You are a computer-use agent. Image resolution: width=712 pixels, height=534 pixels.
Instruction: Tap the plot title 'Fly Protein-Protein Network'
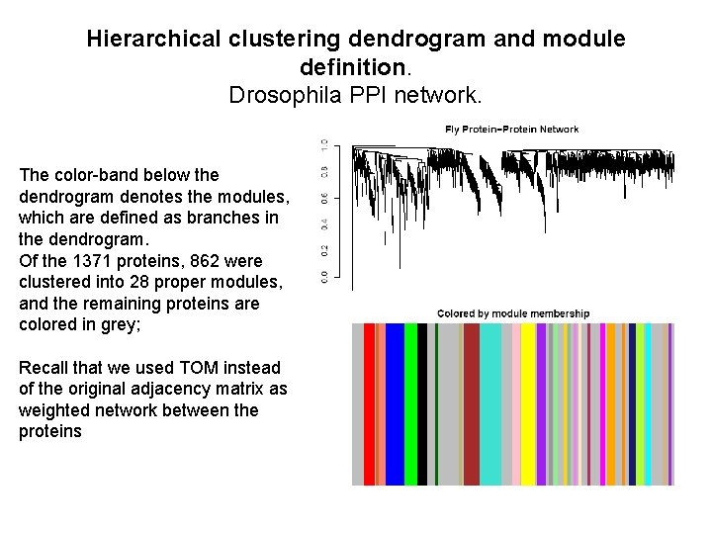click(512, 130)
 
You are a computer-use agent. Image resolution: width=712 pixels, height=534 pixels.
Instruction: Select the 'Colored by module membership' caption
click(513, 313)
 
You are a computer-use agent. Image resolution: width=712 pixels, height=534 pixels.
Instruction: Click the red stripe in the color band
click(369, 404)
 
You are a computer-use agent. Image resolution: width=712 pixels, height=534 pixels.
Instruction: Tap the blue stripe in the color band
click(395, 404)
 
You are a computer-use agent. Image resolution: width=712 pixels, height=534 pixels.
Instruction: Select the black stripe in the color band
click(422, 404)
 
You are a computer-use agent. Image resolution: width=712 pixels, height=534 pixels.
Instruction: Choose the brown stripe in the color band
click(472, 404)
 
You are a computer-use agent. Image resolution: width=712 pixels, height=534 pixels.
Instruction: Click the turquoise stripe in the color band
click(490, 404)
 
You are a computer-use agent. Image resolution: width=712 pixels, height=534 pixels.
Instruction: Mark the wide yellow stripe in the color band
click(528, 404)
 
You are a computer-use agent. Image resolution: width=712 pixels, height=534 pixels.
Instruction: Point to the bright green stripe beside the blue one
click(410, 404)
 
